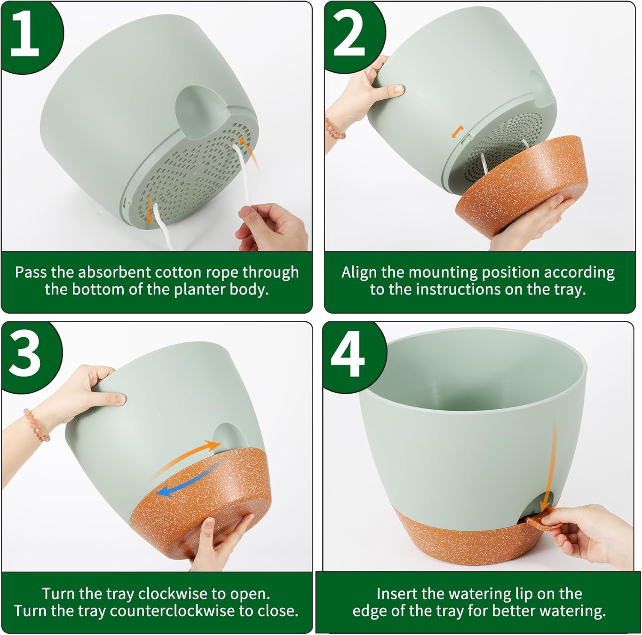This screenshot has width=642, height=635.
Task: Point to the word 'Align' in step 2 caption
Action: coord(360,272)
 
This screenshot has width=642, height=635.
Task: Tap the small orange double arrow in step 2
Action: coord(457,131)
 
